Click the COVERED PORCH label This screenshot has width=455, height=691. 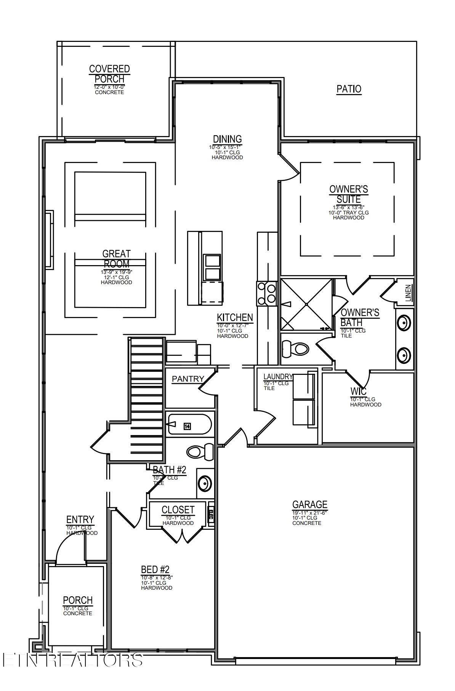tap(109, 74)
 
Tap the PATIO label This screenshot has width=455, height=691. tap(349, 89)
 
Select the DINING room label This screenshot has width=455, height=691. tap(227, 139)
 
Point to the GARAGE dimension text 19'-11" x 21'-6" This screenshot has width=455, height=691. tap(309, 513)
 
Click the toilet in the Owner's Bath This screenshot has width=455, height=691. tap(296, 349)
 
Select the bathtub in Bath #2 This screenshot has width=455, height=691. tap(189, 424)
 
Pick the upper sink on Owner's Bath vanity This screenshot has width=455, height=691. tap(404, 323)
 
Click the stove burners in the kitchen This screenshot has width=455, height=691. tap(267, 293)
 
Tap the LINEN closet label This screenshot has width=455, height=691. tap(408, 293)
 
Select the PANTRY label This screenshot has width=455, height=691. tap(188, 379)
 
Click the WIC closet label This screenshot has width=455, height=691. tap(358, 391)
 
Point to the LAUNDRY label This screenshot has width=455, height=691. tap(278, 377)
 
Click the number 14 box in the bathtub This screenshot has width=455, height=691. tap(187, 426)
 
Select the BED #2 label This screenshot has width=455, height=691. tap(155, 569)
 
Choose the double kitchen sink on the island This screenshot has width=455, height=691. tap(213, 268)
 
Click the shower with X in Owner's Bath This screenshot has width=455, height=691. tap(306, 304)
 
